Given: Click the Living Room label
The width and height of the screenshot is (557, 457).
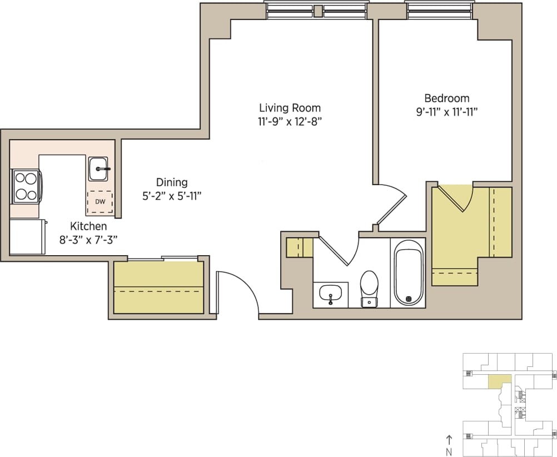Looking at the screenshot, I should click(x=290, y=108).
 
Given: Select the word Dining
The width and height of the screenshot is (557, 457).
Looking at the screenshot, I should click(x=171, y=182).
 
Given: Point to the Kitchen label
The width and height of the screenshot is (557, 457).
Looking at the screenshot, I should click(x=88, y=226).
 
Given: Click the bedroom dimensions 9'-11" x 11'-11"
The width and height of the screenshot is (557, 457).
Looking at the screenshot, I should click(x=446, y=112).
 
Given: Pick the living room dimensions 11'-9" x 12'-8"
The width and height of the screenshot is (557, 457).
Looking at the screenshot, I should click(x=290, y=121).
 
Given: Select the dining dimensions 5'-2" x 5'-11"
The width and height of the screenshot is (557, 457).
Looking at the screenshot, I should click(x=171, y=196).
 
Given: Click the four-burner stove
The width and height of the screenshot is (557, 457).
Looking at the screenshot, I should click(x=26, y=186).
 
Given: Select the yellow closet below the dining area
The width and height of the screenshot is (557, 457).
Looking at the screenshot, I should click(x=158, y=288).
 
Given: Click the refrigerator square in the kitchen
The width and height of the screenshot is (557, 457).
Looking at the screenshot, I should click(x=27, y=237).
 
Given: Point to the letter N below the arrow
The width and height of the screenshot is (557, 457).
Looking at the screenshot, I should click(x=449, y=451).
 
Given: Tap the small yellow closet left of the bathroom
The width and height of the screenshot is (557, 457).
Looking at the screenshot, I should click(x=299, y=247).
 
